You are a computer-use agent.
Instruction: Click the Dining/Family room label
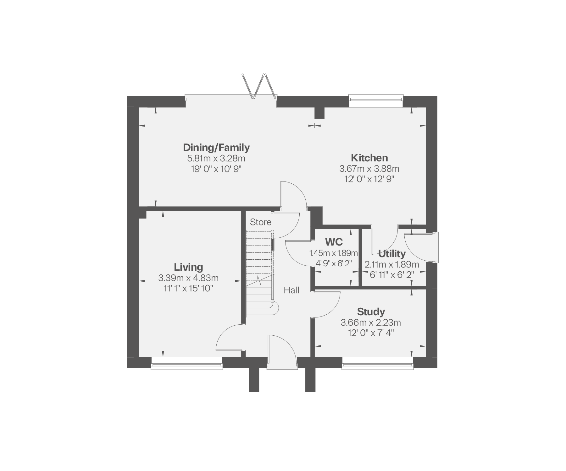(x=216, y=147)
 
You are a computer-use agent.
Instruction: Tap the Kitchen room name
(x=369, y=158)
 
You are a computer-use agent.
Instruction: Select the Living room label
(x=188, y=267)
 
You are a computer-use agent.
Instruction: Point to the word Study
(x=371, y=312)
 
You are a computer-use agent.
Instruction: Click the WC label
(x=334, y=242)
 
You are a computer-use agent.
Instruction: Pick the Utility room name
(x=392, y=253)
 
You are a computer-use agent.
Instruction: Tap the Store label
(x=260, y=222)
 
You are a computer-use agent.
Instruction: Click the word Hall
(x=291, y=290)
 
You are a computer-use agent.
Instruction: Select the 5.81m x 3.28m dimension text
(x=216, y=158)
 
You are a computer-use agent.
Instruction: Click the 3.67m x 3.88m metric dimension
(x=369, y=169)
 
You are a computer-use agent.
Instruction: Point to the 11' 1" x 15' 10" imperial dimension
(x=188, y=288)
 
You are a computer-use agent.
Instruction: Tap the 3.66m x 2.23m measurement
(x=371, y=322)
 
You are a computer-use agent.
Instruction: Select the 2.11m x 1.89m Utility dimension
(x=392, y=264)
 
